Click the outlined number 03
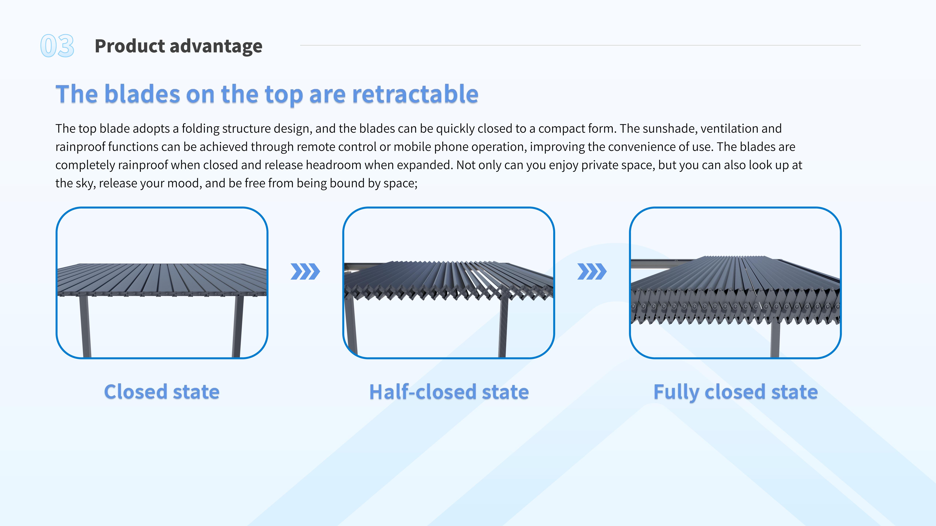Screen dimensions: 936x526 (57, 46)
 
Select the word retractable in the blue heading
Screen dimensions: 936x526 (415, 94)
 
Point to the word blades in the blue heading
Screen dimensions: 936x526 (142, 94)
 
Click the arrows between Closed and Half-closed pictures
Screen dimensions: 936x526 (305, 272)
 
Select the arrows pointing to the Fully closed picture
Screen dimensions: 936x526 (592, 272)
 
